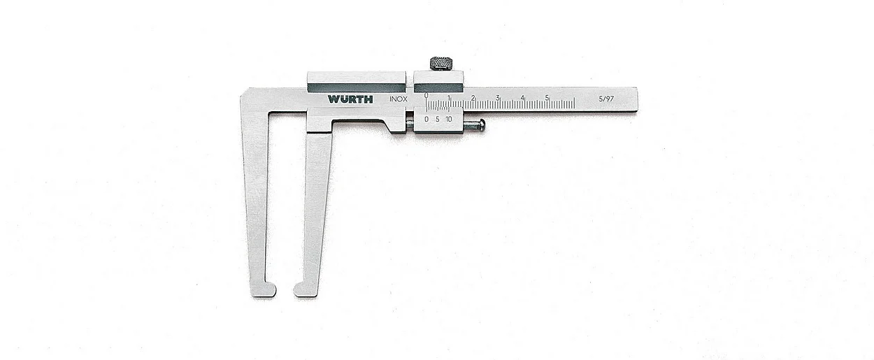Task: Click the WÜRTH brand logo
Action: coord(350,99)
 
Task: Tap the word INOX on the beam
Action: coord(399,99)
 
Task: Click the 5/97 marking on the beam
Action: coord(606,99)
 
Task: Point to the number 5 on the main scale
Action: coord(547,97)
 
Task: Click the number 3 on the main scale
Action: coord(497,97)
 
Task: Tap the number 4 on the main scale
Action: coord(522,97)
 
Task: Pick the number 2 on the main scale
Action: coord(473,97)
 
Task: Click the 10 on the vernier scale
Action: coord(449,120)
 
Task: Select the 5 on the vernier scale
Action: coord(438,120)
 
